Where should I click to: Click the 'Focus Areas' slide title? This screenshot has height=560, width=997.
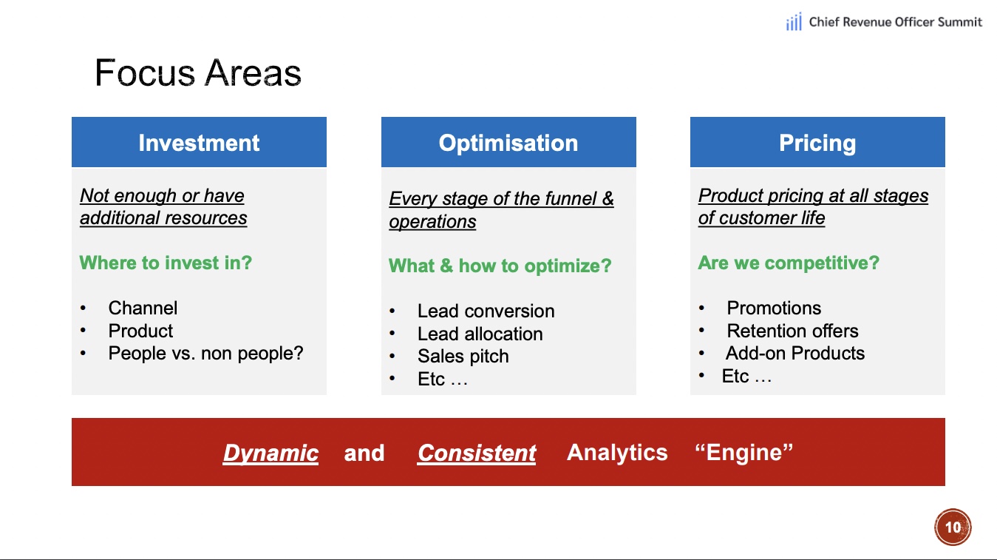click(x=198, y=72)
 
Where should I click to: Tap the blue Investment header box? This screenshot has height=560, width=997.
click(x=199, y=142)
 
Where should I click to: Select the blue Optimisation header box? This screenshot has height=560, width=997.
click(x=508, y=142)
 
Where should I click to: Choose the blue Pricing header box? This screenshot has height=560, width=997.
click(x=817, y=142)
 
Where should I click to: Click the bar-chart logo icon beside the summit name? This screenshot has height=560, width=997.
click(x=794, y=22)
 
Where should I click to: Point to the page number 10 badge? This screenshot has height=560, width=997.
click(x=953, y=527)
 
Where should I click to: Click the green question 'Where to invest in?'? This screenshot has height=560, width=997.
click(x=166, y=263)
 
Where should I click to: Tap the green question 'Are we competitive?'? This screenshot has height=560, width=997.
click(x=789, y=263)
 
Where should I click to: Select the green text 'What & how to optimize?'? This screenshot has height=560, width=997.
click(x=500, y=266)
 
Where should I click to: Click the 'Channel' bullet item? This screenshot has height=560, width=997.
click(x=143, y=308)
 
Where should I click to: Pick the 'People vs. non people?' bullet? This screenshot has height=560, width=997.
click(x=205, y=354)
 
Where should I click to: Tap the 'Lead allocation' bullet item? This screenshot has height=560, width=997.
click(x=480, y=334)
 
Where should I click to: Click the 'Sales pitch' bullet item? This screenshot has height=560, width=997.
click(x=463, y=357)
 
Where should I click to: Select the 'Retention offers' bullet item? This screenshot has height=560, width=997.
click(x=793, y=331)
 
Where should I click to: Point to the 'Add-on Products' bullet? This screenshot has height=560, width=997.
click(x=795, y=354)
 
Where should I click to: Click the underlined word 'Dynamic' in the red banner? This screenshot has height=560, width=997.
click(x=270, y=453)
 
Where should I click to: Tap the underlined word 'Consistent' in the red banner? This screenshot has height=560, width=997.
click(x=477, y=453)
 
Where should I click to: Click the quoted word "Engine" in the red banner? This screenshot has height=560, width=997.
click(x=744, y=452)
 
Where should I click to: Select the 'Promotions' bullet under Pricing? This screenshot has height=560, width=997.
click(x=774, y=308)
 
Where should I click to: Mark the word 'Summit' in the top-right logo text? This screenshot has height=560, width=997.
click(x=959, y=22)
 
